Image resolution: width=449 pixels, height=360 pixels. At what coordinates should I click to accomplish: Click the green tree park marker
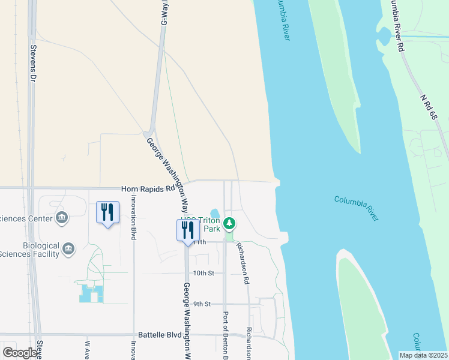click(x=229, y=224)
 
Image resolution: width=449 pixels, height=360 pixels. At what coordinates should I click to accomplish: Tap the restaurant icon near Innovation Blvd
click(x=107, y=214)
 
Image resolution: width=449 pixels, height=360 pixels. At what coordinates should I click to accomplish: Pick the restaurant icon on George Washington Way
click(x=188, y=230)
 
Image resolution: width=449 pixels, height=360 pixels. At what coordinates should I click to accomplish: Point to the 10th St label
click(x=196, y=273)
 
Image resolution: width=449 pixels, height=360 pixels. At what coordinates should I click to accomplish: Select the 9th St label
click(x=202, y=304)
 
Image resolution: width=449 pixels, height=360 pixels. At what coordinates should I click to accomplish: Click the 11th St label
click(x=199, y=242)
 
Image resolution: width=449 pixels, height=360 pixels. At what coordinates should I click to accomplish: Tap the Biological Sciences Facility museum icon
click(x=68, y=248)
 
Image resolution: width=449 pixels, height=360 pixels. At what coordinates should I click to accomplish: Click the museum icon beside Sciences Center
click(x=61, y=217)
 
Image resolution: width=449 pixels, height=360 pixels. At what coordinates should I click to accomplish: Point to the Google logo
click(x=20, y=353)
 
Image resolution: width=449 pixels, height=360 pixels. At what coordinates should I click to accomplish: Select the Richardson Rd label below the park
click(x=243, y=263)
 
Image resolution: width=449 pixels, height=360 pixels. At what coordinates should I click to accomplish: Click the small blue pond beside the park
click(x=215, y=215)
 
